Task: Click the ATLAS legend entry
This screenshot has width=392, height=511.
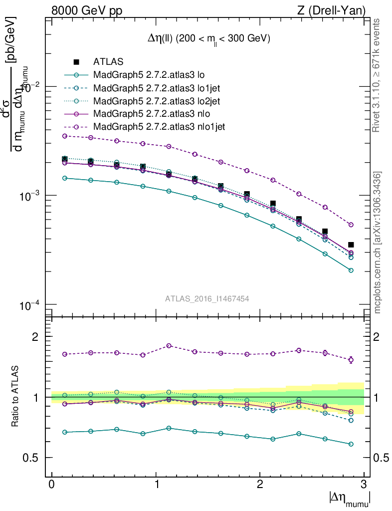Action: tap(108, 62)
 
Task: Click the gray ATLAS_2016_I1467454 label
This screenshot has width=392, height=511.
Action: tap(207, 298)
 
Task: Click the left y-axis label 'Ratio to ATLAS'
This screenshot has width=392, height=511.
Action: tap(15, 397)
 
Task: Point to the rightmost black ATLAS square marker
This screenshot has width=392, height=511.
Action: tap(351, 245)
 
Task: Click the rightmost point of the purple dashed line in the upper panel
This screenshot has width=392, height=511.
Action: tap(351, 225)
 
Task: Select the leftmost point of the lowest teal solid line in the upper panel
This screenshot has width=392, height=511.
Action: tap(64, 178)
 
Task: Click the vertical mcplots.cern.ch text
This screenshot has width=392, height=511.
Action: tap(378, 243)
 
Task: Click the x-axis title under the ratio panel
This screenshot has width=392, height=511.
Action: tap(349, 498)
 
